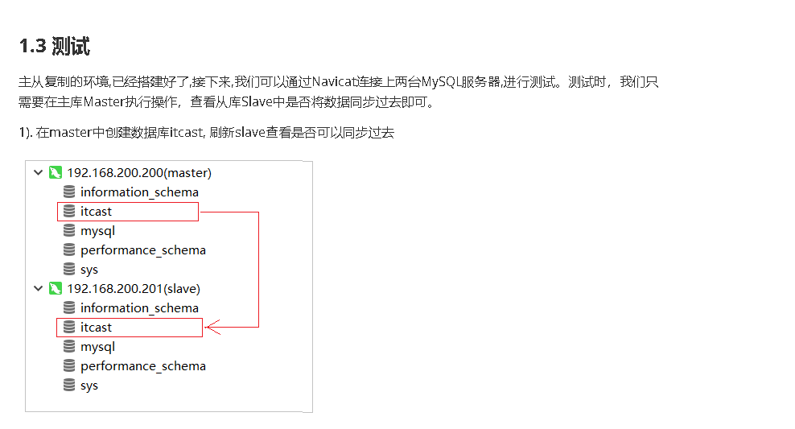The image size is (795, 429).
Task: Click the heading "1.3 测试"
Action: click(55, 47)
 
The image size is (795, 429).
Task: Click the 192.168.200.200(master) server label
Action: click(138, 173)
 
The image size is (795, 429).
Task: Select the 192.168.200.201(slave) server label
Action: click(134, 289)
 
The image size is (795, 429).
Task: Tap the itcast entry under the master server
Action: click(96, 212)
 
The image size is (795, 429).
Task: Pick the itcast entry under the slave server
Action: click(96, 328)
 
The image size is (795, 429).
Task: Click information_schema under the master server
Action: click(139, 192)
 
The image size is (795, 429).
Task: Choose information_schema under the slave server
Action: click(139, 308)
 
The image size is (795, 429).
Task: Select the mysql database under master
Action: click(97, 231)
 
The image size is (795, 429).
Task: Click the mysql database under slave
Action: click(97, 347)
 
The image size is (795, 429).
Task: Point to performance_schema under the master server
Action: click(142, 250)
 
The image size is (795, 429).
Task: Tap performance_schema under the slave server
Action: click(142, 366)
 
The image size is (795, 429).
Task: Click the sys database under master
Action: click(89, 270)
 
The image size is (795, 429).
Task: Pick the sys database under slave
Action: click(89, 386)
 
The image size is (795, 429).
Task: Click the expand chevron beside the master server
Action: click(38, 173)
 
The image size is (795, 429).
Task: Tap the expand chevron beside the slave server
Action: click(38, 289)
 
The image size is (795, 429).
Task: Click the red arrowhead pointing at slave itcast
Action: click(212, 327)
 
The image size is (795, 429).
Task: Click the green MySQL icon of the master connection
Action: click(55, 173)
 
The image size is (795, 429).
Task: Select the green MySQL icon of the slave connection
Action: click(55, 289)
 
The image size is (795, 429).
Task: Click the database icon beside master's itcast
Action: click(69, 212)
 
